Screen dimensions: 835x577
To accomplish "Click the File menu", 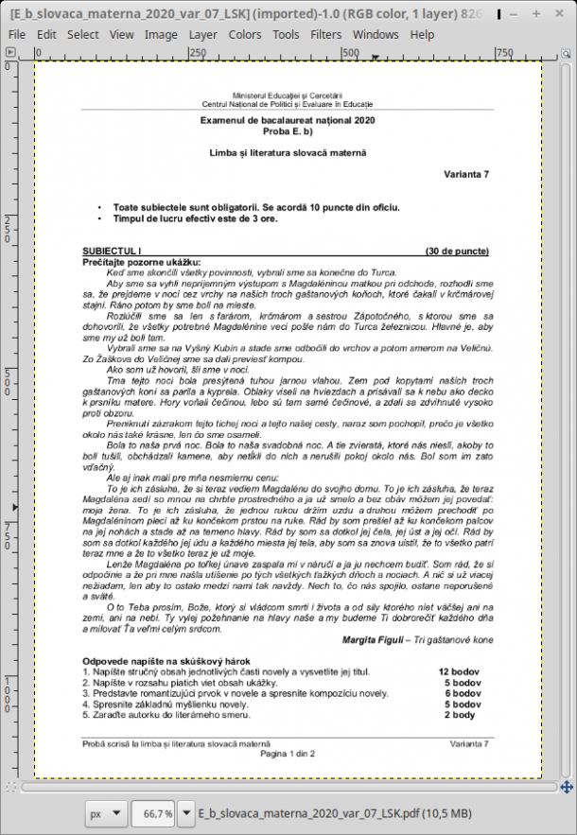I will click(x=16, y=34).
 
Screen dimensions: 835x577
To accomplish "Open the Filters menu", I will click(x=326, y=34).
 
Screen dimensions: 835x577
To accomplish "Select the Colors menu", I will click(x=245, y=34).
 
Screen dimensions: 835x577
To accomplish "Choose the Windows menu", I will click(x=376, y=34).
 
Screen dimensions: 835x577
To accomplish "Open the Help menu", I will click(x=422, y=34).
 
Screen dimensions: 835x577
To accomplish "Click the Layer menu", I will click(x=202, y=34).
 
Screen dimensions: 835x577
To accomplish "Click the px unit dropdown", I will click(x=105, y=813).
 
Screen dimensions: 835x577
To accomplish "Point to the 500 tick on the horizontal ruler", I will click(x=350, y=53).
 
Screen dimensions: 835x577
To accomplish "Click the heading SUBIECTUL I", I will click(x=112, y=252).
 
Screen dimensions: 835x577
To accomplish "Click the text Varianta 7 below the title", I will click(x=466, y=175).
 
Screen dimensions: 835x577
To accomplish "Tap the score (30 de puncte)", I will click(x=458, y=252).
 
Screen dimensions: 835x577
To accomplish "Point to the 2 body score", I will click(x=465, y=716).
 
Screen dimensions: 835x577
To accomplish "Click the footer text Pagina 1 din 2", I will click(x=288, y=754).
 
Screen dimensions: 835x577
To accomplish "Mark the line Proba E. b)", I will click(x=288, y=131).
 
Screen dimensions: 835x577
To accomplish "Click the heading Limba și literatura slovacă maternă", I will click(x=288, y=152).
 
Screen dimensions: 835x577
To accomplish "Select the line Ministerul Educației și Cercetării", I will click(x=288, y=96).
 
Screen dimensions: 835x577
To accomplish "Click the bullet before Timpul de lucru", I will click(x=100, y=217).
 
